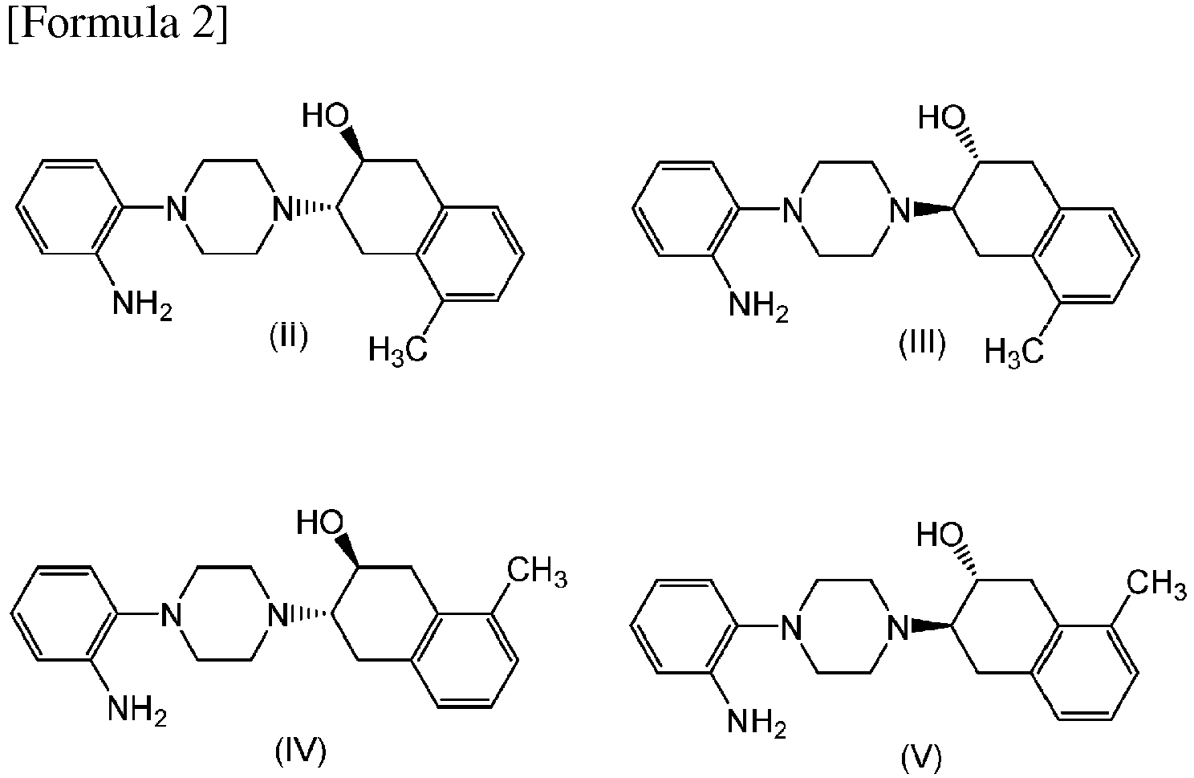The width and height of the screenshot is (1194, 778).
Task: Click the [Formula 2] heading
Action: (x=118, y=25)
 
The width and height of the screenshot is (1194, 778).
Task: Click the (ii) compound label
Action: (x=289, y=336)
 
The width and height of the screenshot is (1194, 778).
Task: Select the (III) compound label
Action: (x=922, y=343)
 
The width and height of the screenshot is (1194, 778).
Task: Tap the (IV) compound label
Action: (x=301, y=752)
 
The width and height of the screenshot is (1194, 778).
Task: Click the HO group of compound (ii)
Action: (x=326, y=115)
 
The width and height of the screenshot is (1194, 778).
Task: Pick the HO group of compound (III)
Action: (x=942, y=117)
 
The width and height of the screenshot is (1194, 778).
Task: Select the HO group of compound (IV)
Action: (x=320, y=522)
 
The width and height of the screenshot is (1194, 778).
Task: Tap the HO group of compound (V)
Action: (x=940, y=534)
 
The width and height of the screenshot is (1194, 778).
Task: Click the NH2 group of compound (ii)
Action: (x=142, y=305)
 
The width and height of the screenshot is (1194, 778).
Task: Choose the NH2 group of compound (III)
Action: (x=758, y=307)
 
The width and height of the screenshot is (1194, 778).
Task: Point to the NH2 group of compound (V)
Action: (x=757, y=723)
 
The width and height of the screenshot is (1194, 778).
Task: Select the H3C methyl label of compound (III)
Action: (x=1014, y=353)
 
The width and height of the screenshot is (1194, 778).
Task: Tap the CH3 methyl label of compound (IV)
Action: (x=537, y=572)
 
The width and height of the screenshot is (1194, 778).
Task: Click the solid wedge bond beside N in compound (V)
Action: (x=932, y=624)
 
